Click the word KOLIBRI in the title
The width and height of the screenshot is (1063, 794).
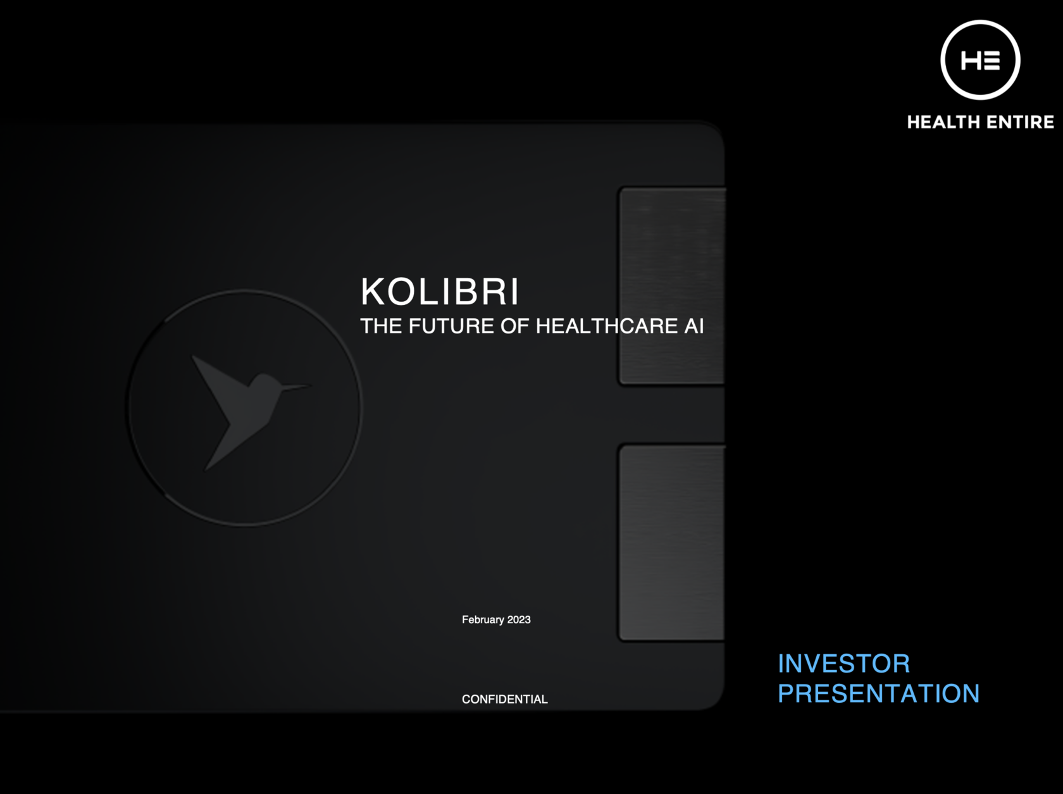click(x=440, y=292)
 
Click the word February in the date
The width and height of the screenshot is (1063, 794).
click(x=483, y=620)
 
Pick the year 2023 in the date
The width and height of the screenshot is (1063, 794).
click(x=519, y=620)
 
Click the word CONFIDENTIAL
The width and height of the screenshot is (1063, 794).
click(x=505, y=699)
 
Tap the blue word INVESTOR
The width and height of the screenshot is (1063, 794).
click(x=843, y=663)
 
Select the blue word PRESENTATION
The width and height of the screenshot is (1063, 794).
click(x=878, y=693)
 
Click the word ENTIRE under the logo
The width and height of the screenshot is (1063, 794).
click(x=1021, y=122)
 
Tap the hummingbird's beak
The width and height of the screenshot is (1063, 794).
click(x=296, y=387)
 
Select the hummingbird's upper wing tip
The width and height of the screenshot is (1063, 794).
click(x=193, y=357)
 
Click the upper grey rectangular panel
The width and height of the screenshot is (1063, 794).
click(x=672, y=286)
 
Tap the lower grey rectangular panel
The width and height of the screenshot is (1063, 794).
click(x=672, y=543)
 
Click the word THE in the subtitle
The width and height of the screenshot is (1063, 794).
click(x=381, y=326)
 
